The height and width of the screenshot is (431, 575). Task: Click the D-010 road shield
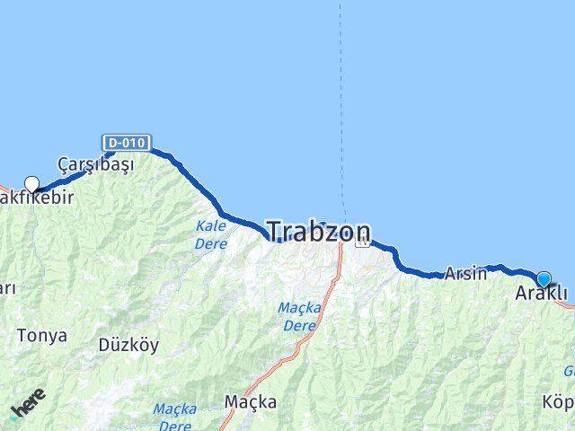pos(127,143)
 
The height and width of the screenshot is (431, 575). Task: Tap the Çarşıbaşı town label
pos(95,165)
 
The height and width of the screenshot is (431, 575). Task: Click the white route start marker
pos(32,185)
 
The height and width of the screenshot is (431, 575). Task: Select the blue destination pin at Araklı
pos(544,279)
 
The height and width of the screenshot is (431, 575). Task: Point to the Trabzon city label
pos(319,233)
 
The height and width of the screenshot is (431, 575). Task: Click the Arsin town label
pos(465,273)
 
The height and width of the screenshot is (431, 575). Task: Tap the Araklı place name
pos(542,295)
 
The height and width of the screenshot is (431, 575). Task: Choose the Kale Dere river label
pos(211,234)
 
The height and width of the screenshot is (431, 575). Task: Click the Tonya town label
pos(42,336)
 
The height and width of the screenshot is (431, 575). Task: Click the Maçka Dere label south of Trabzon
pos(299,316)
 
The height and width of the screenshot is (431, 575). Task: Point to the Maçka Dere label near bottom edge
pos(174,416)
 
